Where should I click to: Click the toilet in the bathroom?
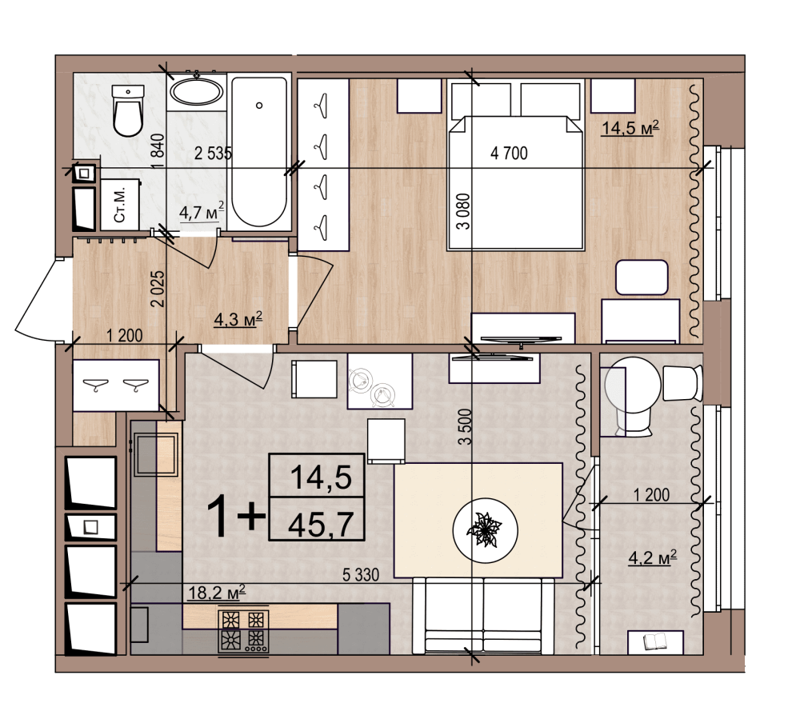point(128,110)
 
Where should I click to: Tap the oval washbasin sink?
point(197,92)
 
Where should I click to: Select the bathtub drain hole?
point(259,106)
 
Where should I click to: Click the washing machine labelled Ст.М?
point(121,204)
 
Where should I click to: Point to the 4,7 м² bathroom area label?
point(202,210)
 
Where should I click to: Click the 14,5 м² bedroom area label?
point(630,127)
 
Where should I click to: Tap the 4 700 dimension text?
point(509,153)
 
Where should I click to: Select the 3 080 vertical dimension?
point(463,212)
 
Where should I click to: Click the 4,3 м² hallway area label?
point(238,320)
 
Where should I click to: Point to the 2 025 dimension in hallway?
point(158,288)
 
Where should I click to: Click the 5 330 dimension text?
point(361,575)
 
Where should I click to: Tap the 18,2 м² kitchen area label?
point(217,593)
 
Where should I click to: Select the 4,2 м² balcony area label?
point(653,557)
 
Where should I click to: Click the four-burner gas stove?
point(243,632)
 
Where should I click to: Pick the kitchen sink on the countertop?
point(156,454)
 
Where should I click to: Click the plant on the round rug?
point(484,530)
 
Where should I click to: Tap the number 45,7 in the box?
point(321,525)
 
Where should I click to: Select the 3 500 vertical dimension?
point(464,427)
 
